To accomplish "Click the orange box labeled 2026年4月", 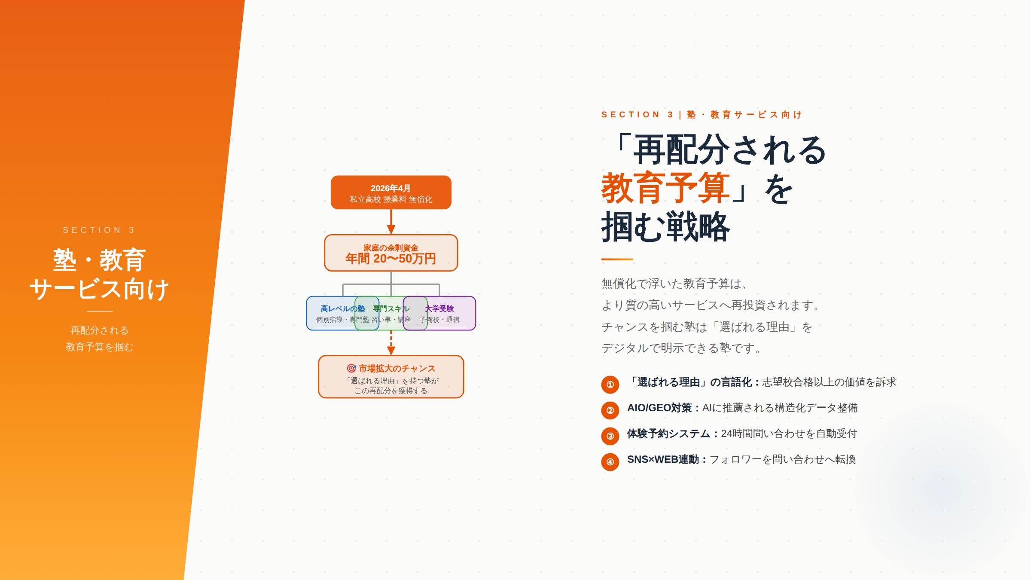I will click(x=391, y=192).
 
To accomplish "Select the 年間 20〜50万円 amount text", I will click(x=391, y=259).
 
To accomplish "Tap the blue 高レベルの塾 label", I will click(x=342, y=308).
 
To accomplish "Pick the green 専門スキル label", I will click(x=391, y=308).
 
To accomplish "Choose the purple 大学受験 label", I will click(x=439, y=308).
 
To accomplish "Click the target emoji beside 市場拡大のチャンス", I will click(x=351, y=368).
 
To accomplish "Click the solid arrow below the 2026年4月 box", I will click(x=391, y=222).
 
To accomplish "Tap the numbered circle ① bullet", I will click(x=610, y=385).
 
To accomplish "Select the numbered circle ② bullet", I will click(x=610, y=410).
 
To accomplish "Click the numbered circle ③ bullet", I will click(x=610, y=436).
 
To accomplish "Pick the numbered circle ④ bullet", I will click(x=610, y=462).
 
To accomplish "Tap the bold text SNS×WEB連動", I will click(x=663, y=459).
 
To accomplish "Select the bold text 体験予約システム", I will click(x=668, y=433).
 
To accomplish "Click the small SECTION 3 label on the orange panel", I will click(x=99, y=230).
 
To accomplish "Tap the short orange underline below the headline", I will click(x=617, y=259).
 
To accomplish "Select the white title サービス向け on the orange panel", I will click(x=99, y=289).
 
